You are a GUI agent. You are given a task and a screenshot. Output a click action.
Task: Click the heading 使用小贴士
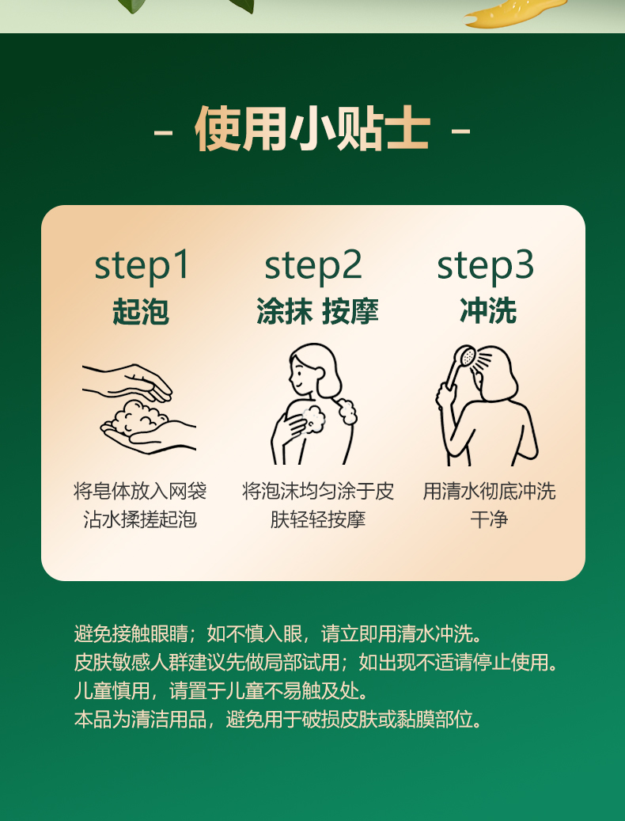312,129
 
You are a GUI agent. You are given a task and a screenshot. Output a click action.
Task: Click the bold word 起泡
141,312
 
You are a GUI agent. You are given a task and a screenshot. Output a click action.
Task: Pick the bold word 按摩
350,312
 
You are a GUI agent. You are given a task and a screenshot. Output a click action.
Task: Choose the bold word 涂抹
284,312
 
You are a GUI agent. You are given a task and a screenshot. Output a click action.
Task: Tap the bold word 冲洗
488,312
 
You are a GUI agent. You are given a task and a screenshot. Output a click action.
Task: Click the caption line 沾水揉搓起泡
140,519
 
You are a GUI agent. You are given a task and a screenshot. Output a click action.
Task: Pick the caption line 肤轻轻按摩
317,519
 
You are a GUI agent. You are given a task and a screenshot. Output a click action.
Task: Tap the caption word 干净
489,519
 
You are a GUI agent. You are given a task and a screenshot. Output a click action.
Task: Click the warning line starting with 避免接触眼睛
277,633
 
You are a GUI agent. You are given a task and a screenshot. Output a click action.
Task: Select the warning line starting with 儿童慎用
222,691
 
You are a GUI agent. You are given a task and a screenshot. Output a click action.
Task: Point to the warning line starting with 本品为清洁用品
277,720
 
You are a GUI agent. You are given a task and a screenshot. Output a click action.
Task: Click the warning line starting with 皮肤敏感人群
316,663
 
